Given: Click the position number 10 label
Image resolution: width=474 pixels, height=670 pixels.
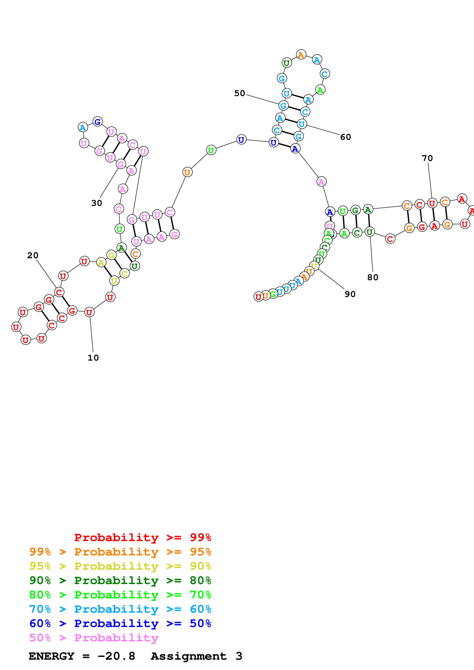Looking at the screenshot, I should click(x=93, y=358).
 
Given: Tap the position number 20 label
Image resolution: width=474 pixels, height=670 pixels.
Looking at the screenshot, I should click(x=33, y=255).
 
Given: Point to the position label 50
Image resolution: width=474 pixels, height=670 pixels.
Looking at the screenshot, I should click(x=239, y=93).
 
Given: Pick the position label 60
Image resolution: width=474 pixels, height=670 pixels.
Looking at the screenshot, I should click(x=346, y=137).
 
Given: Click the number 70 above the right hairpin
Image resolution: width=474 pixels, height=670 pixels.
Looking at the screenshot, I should click(x=427, y=158).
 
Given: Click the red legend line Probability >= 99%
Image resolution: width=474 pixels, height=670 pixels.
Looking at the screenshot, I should click(x=142, y=537).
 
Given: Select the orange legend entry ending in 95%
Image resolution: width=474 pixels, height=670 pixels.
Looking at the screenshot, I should click(x=120, y=552).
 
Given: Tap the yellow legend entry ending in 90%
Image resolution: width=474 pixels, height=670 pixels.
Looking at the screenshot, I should click(x=120, y=566).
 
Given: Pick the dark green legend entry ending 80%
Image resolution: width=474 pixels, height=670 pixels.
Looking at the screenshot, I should click(x=120, y=580).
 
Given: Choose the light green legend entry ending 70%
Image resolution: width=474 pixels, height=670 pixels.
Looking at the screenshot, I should click(x=120, y=595).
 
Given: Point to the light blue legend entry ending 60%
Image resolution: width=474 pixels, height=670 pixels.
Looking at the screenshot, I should click(x=120, y=609).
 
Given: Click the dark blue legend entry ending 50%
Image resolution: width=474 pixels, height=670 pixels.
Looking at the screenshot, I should click(x=120, y=623).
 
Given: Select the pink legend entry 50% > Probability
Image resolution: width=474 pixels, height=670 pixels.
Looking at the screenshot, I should click(x=94, y=638).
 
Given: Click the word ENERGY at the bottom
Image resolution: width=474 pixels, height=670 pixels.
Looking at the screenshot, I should click(x=51, y=656).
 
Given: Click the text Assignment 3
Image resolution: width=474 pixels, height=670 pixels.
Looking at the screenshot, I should click(x=196, y=656).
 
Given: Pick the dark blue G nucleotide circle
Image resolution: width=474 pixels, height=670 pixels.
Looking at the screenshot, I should click(x=98, y=121).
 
